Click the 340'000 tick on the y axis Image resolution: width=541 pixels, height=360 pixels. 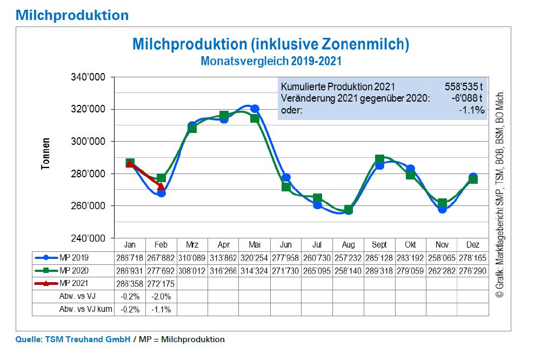[90, 77]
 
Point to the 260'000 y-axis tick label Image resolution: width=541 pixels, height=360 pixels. [90, 206]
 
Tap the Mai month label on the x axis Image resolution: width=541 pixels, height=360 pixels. [255, 244]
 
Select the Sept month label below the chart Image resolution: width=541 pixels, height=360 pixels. [379, 244]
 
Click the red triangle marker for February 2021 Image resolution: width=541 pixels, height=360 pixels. [161, 186]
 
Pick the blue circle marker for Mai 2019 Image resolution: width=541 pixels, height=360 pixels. [255, 109]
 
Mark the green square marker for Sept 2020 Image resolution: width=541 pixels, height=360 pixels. [379, 159]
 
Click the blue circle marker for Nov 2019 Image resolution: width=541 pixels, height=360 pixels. [442, 209]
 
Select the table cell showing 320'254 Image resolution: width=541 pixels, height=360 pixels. [255, 257]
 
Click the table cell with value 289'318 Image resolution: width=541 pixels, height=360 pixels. [379, 270]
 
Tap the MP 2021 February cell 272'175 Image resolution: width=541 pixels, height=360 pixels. [161, 283]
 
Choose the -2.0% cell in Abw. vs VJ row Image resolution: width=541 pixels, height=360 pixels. [161, 296]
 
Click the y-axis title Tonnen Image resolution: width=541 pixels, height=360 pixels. [46, 155]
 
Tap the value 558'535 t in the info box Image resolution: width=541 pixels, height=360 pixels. [463, 86]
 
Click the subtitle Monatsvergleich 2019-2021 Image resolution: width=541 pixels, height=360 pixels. [271, 61]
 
